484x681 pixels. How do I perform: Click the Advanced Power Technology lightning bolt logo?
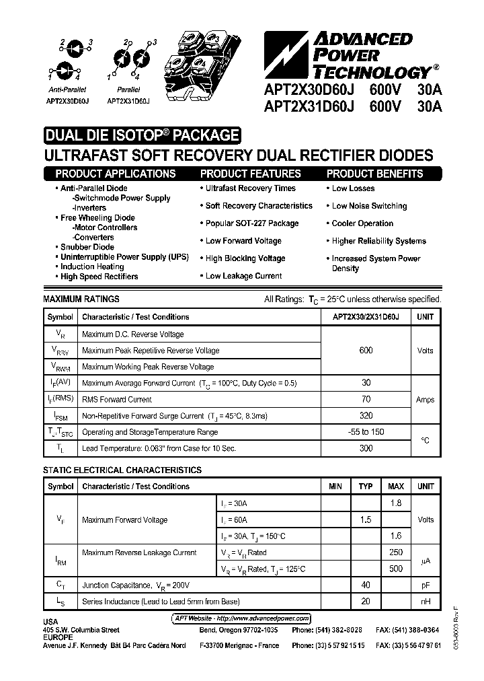283,54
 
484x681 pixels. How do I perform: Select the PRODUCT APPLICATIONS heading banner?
118,174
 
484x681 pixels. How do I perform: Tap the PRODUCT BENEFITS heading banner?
374,174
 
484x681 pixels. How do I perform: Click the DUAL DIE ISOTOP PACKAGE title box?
141,135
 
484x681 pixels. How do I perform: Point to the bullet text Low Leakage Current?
243,276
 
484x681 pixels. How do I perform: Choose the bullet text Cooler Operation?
362,223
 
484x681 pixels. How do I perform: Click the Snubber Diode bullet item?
87,247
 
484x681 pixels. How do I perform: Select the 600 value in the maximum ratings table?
366,351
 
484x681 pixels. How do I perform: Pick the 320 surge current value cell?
366,416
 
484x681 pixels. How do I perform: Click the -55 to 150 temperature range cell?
366,432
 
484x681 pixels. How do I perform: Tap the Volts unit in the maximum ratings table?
425,351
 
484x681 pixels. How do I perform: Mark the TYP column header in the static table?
366,487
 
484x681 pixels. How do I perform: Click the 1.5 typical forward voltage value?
366,519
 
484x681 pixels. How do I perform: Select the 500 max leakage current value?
396,569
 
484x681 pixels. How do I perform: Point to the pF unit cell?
425,585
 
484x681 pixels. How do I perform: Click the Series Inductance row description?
161,602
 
